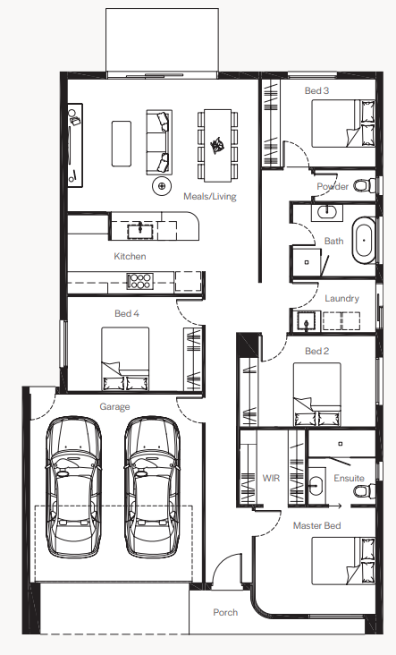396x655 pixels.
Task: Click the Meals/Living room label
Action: [x=210, y=196]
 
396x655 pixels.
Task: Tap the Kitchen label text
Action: [x=130, y=256]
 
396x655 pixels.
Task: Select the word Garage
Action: [x=114, y=406]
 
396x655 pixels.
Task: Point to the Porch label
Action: [x=225, y=612]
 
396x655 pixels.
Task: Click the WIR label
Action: [x=271, y=478]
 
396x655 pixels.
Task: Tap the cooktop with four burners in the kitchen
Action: [x=139, y=281]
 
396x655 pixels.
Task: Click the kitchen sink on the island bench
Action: [x=140, y=230]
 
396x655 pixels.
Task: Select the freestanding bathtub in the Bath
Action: [x=365, y=240]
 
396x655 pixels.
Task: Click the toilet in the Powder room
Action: [x=365, y=185]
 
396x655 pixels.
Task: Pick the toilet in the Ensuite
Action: [x=365, y=491]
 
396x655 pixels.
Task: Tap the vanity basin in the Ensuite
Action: [x=316, y=486]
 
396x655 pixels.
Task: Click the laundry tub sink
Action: [x=307, y=321]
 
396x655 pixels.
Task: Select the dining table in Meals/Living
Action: [x=217, y=146]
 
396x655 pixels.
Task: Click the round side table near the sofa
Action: [x=162, y=186]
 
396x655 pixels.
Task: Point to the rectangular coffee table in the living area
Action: [x=122, y=143]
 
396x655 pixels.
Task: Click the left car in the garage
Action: [x=73, y=487]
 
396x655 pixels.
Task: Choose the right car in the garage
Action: [x=152, y=487]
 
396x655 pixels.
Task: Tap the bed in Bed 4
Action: [x=125, y=359]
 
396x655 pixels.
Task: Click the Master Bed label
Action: [x=316, y=525]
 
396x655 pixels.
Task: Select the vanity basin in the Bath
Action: [x=327, y=212]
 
